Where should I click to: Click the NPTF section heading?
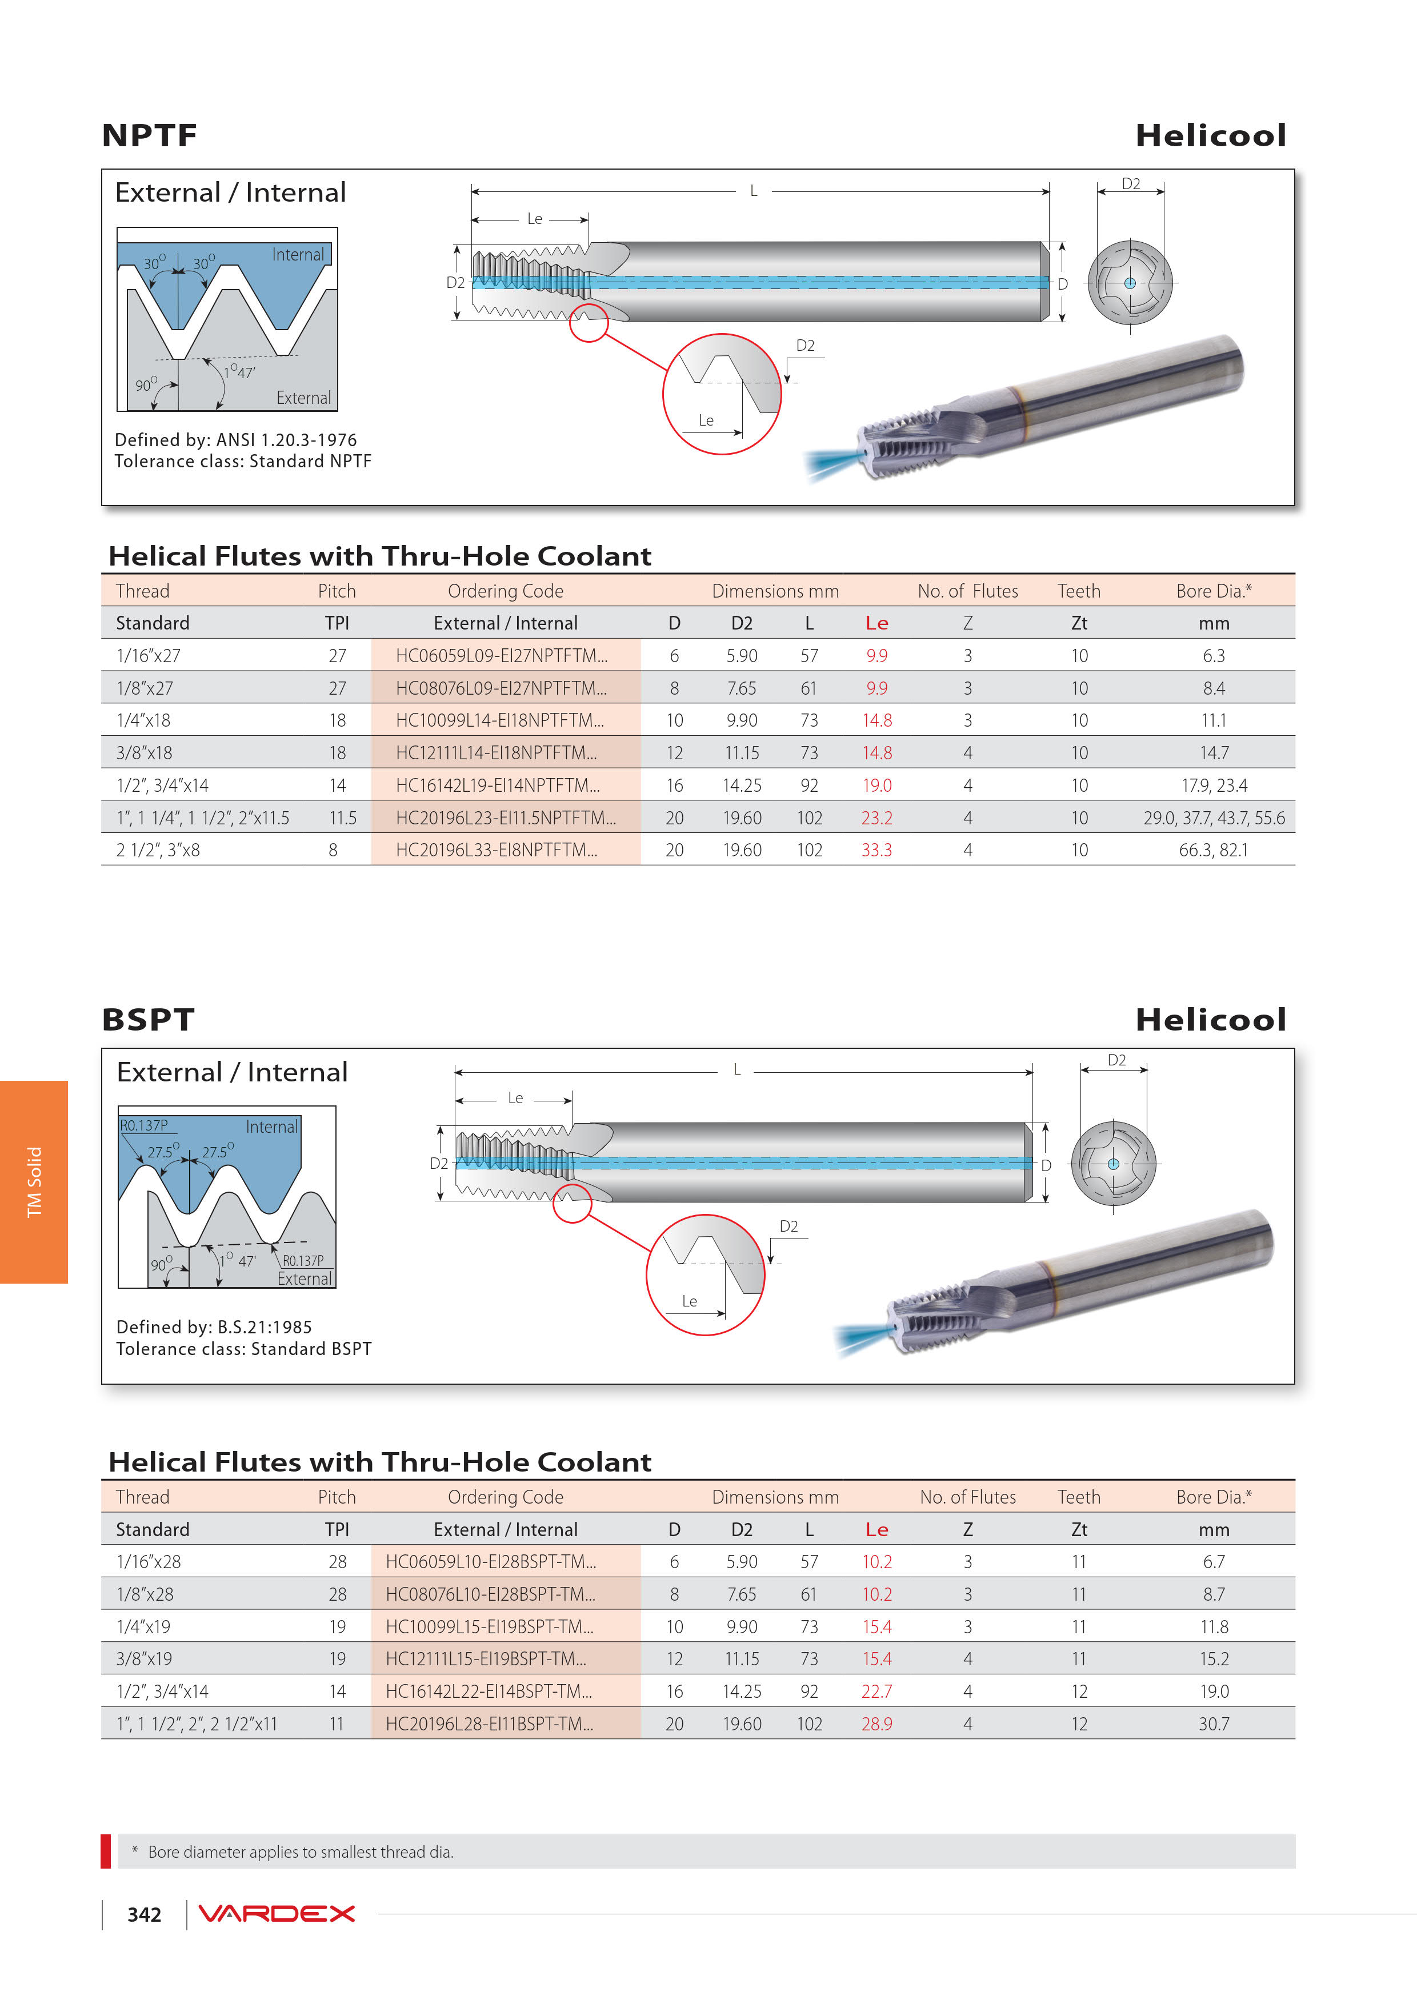point(149,135)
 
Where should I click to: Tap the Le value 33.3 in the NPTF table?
point(876,850)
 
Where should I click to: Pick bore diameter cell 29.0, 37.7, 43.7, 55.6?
point(1214,818)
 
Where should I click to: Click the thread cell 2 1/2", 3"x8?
point(158,850)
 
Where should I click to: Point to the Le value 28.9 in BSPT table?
point(876,1724)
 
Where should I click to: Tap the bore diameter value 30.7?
point(1214,1724)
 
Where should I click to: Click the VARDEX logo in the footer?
point(277,1914)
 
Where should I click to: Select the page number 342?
point(144,1915)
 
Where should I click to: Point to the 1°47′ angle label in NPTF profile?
point(238,372)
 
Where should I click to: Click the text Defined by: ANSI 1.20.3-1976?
point(236,440)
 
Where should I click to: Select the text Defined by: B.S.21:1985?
point(214,1326)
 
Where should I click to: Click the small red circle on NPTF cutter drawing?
point(589,323)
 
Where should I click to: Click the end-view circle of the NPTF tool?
point(1130,283)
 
